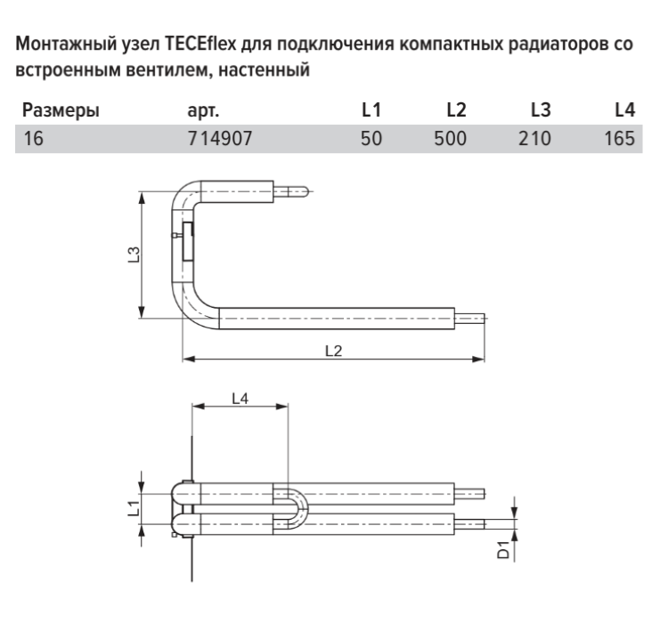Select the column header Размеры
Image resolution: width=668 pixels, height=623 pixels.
(x=61, y=110)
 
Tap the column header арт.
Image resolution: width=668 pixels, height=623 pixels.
(x=203, y=110)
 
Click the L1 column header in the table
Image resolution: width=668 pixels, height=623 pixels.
(x=371, y=109)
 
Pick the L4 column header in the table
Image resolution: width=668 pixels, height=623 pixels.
(x=625, y=109)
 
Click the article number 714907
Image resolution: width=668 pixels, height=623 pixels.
(x=220, y=139)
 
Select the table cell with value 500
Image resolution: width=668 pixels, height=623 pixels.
(x=451, y=139)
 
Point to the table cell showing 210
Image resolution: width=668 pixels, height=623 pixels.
(x=534, y=139)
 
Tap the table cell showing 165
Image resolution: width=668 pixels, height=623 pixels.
(x=620, y=139)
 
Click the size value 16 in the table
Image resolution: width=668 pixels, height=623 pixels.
(x=33, y=139)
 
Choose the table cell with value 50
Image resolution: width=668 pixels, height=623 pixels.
(x=371, y=139)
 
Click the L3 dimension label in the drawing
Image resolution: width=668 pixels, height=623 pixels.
(x=134, y=255)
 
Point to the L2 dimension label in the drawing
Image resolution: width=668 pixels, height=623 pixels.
(x=334, y=351)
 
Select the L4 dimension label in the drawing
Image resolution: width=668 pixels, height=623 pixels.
(x=240, y=399)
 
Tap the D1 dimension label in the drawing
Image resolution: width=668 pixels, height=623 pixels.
(x=503, y=550)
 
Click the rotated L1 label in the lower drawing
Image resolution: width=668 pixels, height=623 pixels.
(x=134, y=508)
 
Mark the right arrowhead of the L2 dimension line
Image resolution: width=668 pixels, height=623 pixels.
(x=479, y=360)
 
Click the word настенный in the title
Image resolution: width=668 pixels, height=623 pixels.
(x=264, y=69)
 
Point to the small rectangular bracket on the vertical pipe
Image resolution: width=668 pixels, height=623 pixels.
(x=187, y=241)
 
